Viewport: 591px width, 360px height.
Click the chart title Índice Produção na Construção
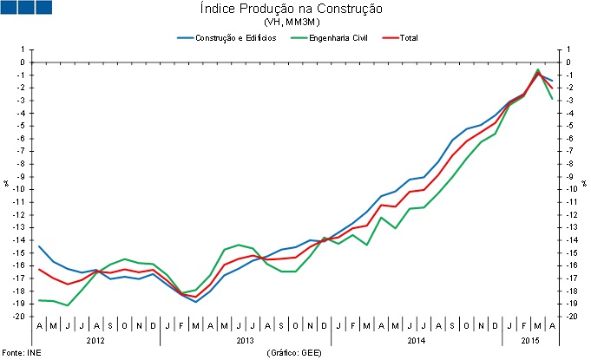[297, 9]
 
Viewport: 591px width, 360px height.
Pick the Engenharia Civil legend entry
[331, 38]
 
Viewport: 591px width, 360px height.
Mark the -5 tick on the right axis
[570, 126]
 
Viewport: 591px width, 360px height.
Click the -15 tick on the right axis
[572, 252]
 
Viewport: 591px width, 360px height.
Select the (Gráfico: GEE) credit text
[297, 354]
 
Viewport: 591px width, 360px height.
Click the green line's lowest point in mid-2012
[68, 305]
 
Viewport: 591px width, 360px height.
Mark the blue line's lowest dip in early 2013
[196, 302]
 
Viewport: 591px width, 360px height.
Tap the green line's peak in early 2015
[538, 69]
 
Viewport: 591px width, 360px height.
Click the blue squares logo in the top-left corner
[27, 7]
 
